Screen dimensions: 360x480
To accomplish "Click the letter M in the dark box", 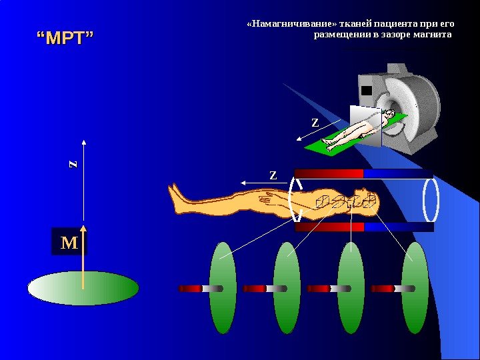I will click(x=69, y=242).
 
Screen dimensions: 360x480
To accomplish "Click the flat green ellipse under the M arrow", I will click(x=83, y=289).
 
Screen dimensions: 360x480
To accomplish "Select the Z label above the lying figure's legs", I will click(x=273, y=175).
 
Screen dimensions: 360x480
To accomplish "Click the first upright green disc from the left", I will click(x=223, y=288).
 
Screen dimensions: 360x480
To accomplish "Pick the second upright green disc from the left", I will click(x=287, y=288).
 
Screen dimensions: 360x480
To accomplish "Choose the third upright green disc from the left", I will click(x=351, y=288).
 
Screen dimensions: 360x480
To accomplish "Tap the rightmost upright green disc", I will click(x=415, y=288).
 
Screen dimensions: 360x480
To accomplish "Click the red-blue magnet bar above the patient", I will click(x=363, y=173).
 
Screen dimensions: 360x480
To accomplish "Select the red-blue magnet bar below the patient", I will click(x=363, y=227).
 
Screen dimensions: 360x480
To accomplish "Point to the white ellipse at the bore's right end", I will click(x=431, y=199).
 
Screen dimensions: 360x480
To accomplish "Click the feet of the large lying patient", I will click(x=177, y=199).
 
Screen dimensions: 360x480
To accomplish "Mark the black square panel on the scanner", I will click(x=366, y=90).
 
